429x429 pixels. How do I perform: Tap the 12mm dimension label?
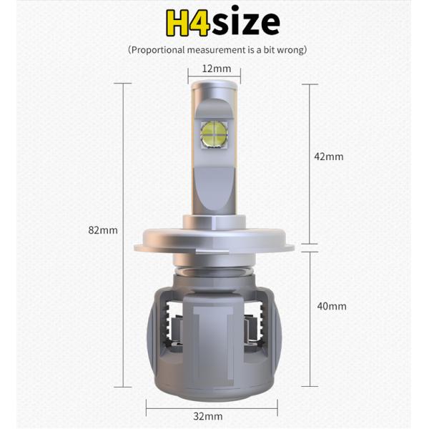coord(216,69)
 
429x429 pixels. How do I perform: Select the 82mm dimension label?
coord(103,230)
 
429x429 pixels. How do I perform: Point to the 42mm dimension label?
coord(330,157)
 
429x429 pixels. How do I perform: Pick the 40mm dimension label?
coord(331,306)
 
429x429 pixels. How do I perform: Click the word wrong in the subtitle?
coord(291,50)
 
